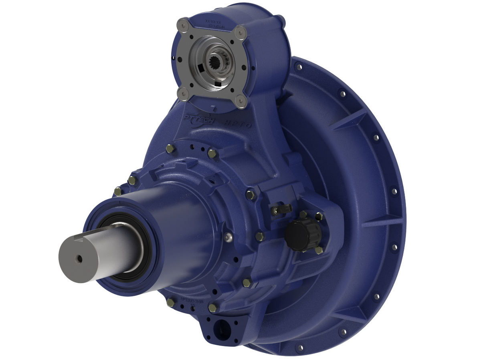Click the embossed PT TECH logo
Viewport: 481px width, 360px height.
(x=200, y=119)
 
